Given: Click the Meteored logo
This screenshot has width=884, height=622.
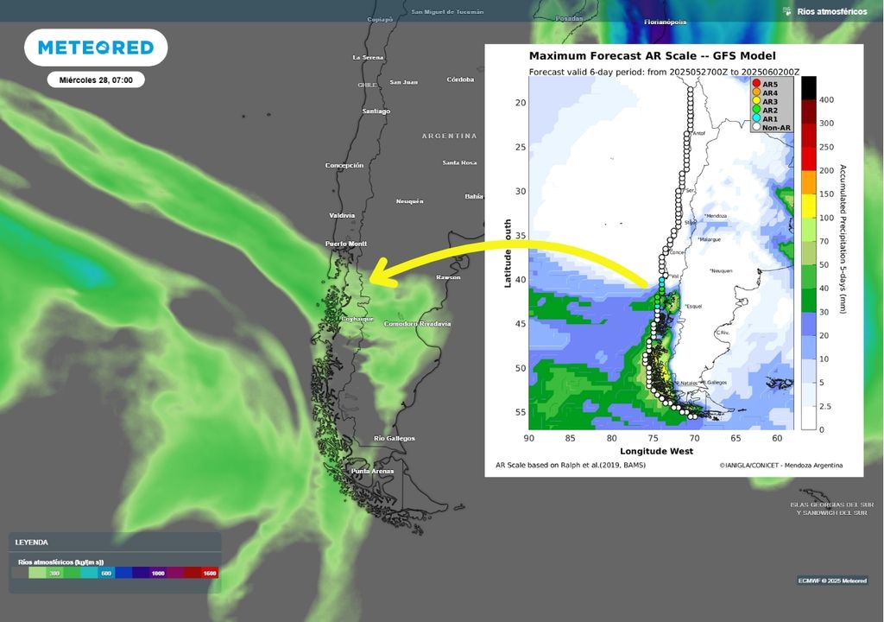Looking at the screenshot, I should tap(96, 48).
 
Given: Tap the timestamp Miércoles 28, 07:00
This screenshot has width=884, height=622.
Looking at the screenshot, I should tap(96, 79).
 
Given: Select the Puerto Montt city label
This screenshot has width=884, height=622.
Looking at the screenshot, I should tap(345, 244).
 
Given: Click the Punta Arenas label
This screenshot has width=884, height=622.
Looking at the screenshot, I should tap(372, 471).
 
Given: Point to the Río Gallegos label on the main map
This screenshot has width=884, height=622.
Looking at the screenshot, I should tap(395, 439).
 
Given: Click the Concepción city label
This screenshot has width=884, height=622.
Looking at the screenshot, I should tap(344, 165).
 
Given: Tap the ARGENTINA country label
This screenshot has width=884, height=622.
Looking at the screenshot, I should tap(449, 136).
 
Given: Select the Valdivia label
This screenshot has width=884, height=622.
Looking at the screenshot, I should tap(343, 215).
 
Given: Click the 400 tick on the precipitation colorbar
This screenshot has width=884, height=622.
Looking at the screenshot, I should tap(826, 100).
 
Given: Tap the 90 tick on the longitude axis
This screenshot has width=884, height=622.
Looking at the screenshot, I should tap(528, 439).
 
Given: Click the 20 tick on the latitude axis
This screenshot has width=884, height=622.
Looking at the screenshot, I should tap(520, 103).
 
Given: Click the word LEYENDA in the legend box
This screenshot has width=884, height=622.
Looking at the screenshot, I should tap(31, 543).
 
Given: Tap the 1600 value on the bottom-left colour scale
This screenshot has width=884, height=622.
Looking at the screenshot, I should tap(209, 573).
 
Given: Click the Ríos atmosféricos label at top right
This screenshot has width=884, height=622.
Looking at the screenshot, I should tap(831, 11).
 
